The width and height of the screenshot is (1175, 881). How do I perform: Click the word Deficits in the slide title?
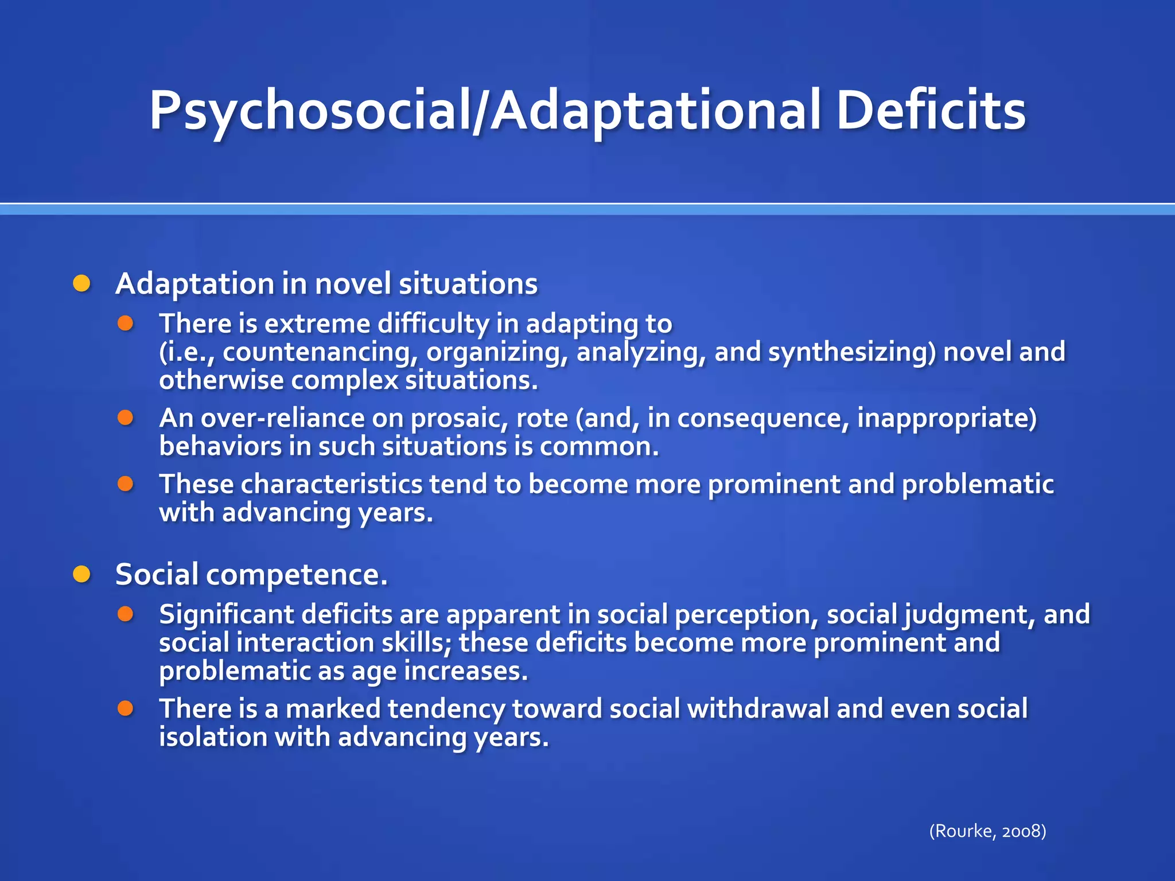931,110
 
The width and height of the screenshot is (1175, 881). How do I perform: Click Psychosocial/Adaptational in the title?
485,110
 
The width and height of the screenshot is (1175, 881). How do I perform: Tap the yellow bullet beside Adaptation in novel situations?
82,283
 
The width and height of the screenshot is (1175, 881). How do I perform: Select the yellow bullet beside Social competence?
82,574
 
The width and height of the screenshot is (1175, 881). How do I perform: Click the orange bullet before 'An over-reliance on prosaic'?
126,417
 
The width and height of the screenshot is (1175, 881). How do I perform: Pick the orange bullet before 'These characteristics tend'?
126,484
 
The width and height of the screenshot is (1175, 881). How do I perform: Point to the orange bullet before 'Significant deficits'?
126,614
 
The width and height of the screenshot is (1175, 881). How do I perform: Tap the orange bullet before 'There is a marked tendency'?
126,708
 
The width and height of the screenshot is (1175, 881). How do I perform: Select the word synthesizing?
852,352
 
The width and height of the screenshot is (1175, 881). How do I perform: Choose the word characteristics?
331,484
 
